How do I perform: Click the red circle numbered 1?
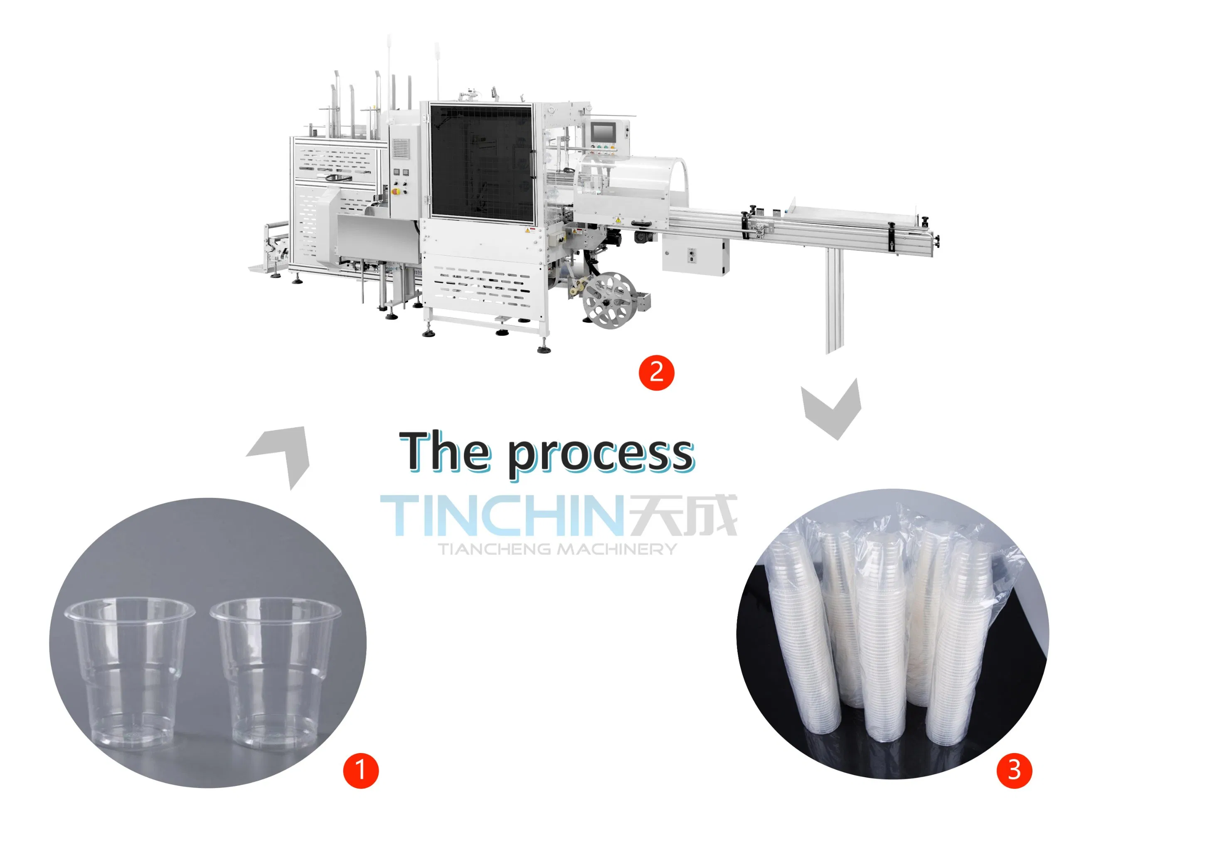point(361,771)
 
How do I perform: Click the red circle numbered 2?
point(656,372)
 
